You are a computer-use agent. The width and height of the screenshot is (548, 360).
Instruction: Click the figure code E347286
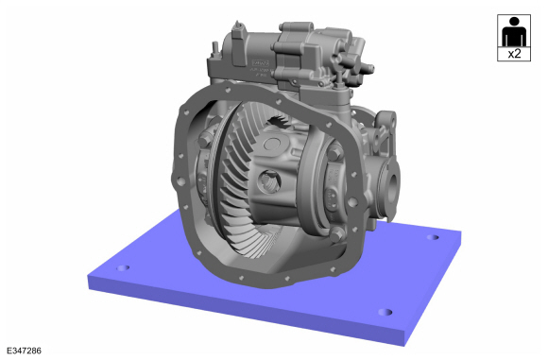(x=24, y=351)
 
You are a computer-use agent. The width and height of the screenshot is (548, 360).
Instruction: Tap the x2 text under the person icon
(x=514, y=54)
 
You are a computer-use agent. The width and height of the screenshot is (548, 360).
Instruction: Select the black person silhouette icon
(x=514, y=31)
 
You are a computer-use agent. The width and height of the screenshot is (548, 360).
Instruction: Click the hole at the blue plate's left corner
(x=123, y=268)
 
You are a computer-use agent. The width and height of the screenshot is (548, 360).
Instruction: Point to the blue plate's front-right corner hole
(x=385, y=312)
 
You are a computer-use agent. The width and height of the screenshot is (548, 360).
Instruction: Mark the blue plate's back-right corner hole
(x=433, y=237)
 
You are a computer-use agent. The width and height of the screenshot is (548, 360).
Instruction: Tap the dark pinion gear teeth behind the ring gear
(x=279, y=121)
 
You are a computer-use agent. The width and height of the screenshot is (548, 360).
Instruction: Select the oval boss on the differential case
(x=272, y=144)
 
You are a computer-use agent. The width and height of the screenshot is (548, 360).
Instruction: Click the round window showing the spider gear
(x=269, y=181)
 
